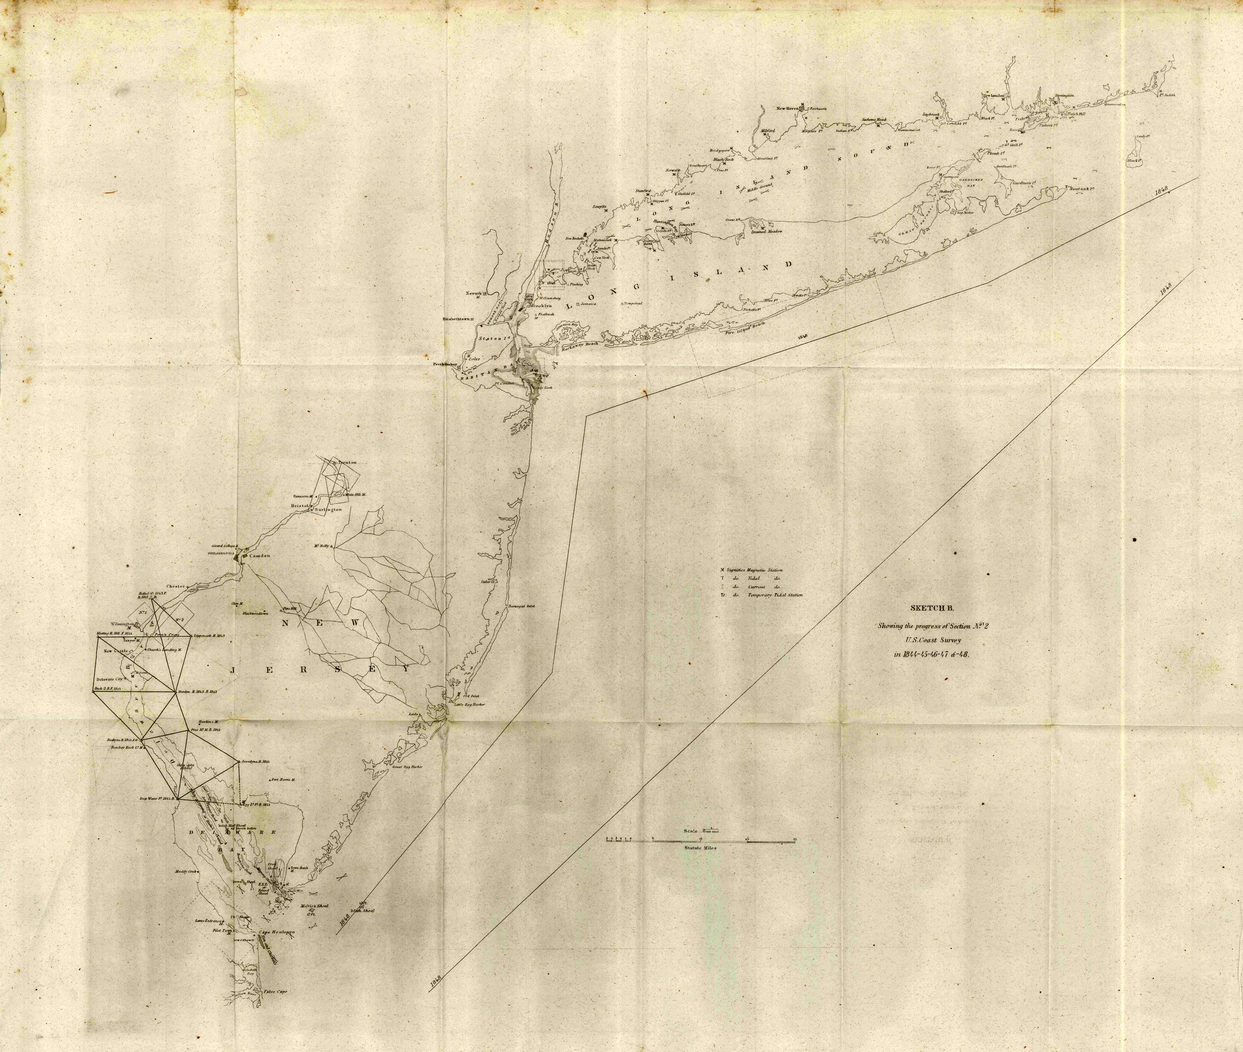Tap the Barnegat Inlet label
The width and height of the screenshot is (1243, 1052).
point(522,606)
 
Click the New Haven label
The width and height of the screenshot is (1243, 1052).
point(788,109)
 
